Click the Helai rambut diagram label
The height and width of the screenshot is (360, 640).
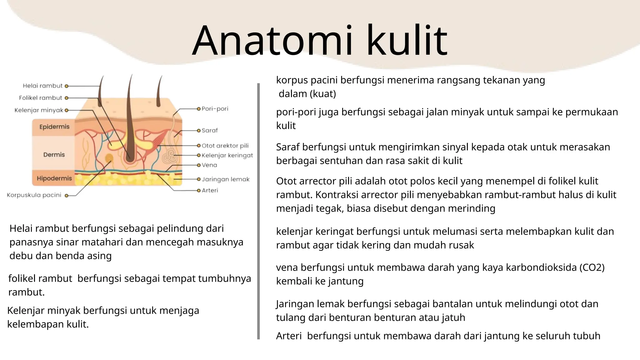tap(42, 86)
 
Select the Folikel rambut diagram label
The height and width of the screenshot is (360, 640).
tap(40, 98)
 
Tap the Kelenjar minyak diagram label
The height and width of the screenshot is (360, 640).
tap(39, 110)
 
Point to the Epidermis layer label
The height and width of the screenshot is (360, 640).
tap(54, 127)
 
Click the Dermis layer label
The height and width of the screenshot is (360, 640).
tap(54, 155)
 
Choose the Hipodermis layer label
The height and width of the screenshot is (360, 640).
tap(54, 178)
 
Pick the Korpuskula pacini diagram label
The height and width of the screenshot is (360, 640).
tap(34, 195)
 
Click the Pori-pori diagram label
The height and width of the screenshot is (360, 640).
tap(215, 109)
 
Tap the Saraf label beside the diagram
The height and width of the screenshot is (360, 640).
tap(210, 131)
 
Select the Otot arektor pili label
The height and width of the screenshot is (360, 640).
tap(225, 146)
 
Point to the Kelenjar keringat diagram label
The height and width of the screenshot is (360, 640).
tap(227, 155)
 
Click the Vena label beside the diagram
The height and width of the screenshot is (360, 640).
tap(209, 165)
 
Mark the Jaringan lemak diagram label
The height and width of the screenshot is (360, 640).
tap(226, 179)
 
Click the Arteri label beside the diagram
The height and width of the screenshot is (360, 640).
tap(210, 190)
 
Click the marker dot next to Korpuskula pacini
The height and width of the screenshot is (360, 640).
tap(66, 196)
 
